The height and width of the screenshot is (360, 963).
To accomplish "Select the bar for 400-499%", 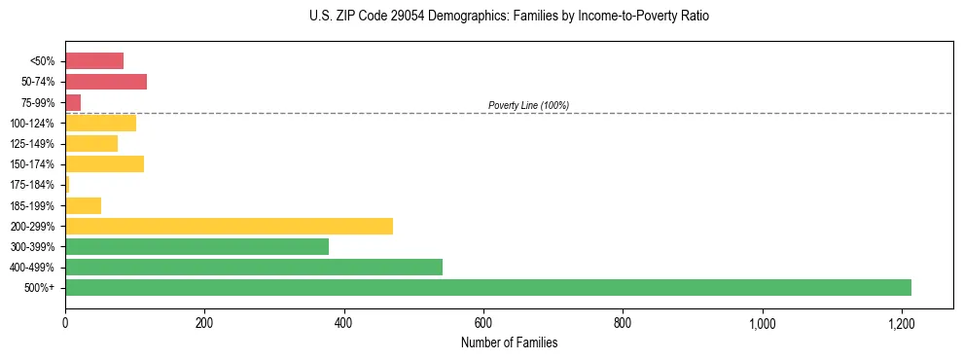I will [x=254, y=267].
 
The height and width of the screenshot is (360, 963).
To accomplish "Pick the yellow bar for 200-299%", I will [x=229, y=226].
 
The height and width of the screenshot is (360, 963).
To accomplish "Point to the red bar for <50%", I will [x=94, y=61].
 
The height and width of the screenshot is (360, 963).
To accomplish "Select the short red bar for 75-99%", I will [x=73, y=102].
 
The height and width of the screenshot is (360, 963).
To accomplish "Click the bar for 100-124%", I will [x=100, y=123].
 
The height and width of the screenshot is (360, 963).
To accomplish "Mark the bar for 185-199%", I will [x=83, y=205].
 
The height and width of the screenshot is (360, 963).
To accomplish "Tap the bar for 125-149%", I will [x=91, y=143].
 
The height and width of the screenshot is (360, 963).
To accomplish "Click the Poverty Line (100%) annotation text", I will [x=528, y=105].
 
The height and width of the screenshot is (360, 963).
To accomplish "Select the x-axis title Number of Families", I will [x=509, y=342].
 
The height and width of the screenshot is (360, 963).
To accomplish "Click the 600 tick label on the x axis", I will [x=483, y=322].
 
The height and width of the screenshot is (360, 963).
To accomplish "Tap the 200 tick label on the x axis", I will [x=204, y=322].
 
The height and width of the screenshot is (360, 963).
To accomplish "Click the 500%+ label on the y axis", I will [x=41, y=288].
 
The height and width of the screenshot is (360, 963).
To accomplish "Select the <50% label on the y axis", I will [x=43, y=61].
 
